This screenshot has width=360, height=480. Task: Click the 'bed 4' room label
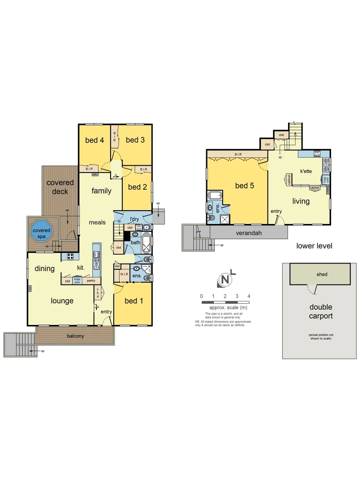(x=94, y=140)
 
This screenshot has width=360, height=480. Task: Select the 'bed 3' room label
(x=135, y=140)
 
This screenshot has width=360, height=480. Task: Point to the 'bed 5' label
(x=244, y=186)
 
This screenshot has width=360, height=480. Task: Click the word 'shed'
(x=322, y=274)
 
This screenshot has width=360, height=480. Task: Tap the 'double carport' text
(x=320, y=312)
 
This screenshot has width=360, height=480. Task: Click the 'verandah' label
(x=248, y=233)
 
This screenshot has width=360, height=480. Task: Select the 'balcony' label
(x=75, y=336)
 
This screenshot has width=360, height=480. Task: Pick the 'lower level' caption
(x=314, y=246)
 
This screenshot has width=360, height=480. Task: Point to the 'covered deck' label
(x=60, y=187)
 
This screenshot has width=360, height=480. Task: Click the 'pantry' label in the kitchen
(x=91, y=281)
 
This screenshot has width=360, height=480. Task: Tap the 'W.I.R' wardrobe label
(x=124, y=275)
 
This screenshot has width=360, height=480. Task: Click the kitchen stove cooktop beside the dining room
(x=70, y=256)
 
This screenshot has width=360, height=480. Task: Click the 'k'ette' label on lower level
(x=307, y=171)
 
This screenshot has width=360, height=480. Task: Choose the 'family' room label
(x=101, y=191)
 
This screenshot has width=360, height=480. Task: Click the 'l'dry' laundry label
(x=135, y=220)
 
